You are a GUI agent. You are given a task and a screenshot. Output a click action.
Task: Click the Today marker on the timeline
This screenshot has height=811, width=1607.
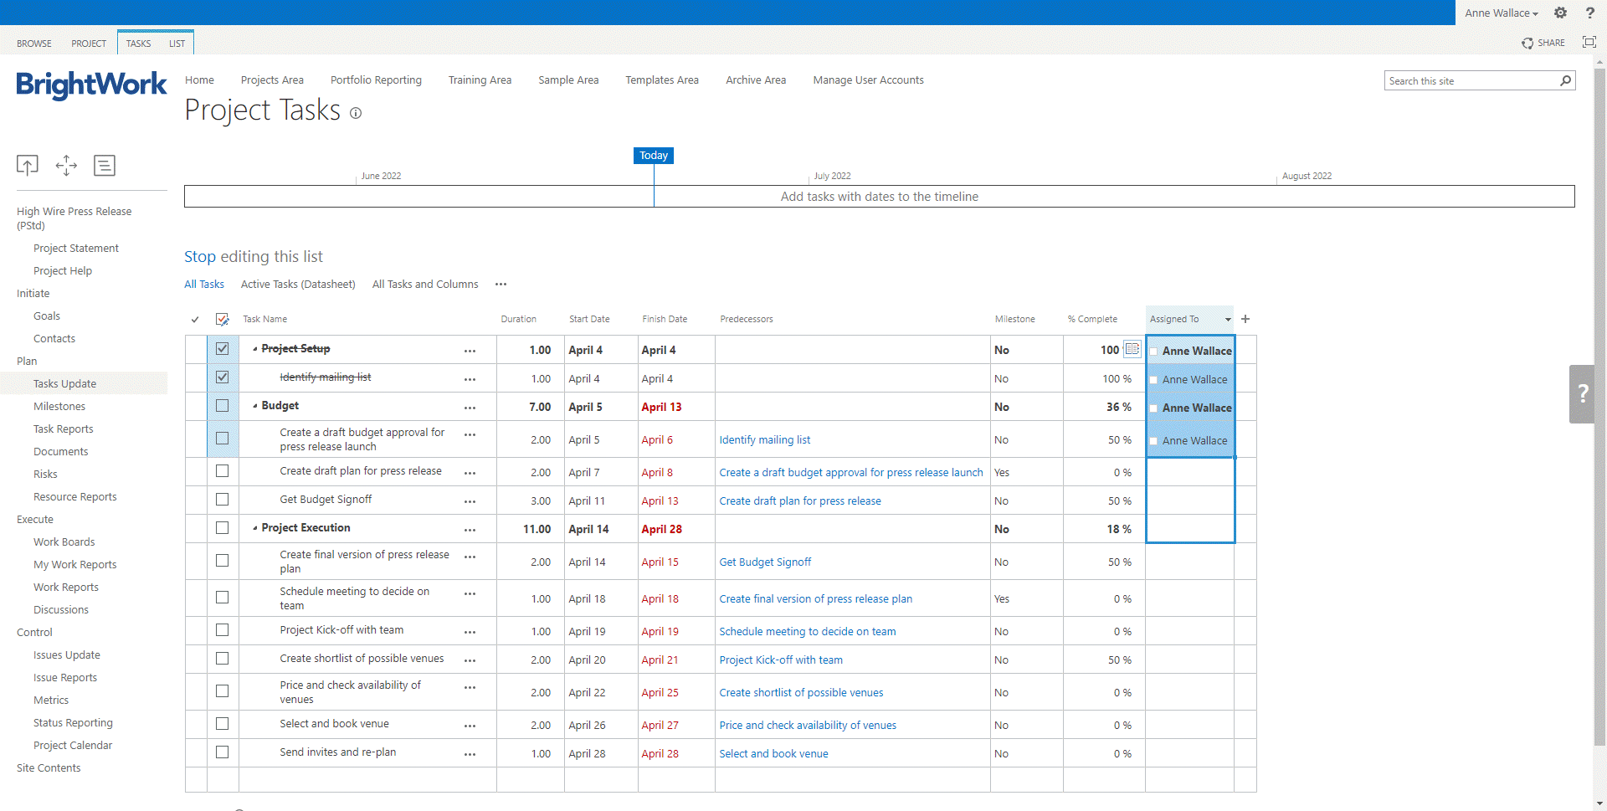(x=653, y=156)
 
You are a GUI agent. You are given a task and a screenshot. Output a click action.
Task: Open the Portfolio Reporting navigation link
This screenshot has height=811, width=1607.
(x=376, y=80)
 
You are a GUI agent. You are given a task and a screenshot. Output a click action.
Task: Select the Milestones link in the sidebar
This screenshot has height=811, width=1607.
(x=59, y=407)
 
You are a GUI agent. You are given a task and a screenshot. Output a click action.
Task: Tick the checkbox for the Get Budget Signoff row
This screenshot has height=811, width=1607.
(x=222, y=500)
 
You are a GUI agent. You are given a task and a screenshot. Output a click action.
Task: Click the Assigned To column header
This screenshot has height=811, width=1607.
(x=1174, y=319)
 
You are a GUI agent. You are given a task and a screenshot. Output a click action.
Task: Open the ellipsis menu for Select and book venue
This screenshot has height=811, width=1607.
(x=470, y=726)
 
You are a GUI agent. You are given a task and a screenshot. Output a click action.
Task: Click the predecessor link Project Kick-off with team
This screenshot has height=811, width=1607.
(x=780, y=660)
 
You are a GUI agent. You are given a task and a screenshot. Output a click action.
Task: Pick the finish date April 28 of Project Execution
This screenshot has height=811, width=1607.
(x=661, y=530)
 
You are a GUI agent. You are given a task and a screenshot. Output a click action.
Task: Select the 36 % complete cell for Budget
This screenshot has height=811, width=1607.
(x=1118, y=408)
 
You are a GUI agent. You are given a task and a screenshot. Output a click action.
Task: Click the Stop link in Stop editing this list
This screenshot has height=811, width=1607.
(x=200, y=257)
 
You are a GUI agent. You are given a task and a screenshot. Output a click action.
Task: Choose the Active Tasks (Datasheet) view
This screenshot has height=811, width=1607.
(x=298, y=285)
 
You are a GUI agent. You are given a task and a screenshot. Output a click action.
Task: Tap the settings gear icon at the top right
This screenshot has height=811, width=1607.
(x=1560, y=13)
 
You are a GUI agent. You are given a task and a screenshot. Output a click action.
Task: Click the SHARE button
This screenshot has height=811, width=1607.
(x=1543, y=43)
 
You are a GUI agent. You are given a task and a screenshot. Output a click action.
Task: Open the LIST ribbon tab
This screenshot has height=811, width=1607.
(x=177, y=44)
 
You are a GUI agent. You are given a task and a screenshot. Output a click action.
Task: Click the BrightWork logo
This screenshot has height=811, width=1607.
(x=91, y=85)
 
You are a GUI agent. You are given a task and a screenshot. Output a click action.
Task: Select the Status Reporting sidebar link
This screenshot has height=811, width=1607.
(x=73, y=723)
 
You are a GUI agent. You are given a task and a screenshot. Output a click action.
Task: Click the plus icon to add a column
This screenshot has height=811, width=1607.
(x=1245, y=319)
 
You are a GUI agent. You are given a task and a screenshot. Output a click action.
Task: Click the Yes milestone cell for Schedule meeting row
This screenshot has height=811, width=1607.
(x=1002, y=599)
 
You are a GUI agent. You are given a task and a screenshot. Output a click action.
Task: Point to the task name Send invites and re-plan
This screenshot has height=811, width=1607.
(x=337, y=752)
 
